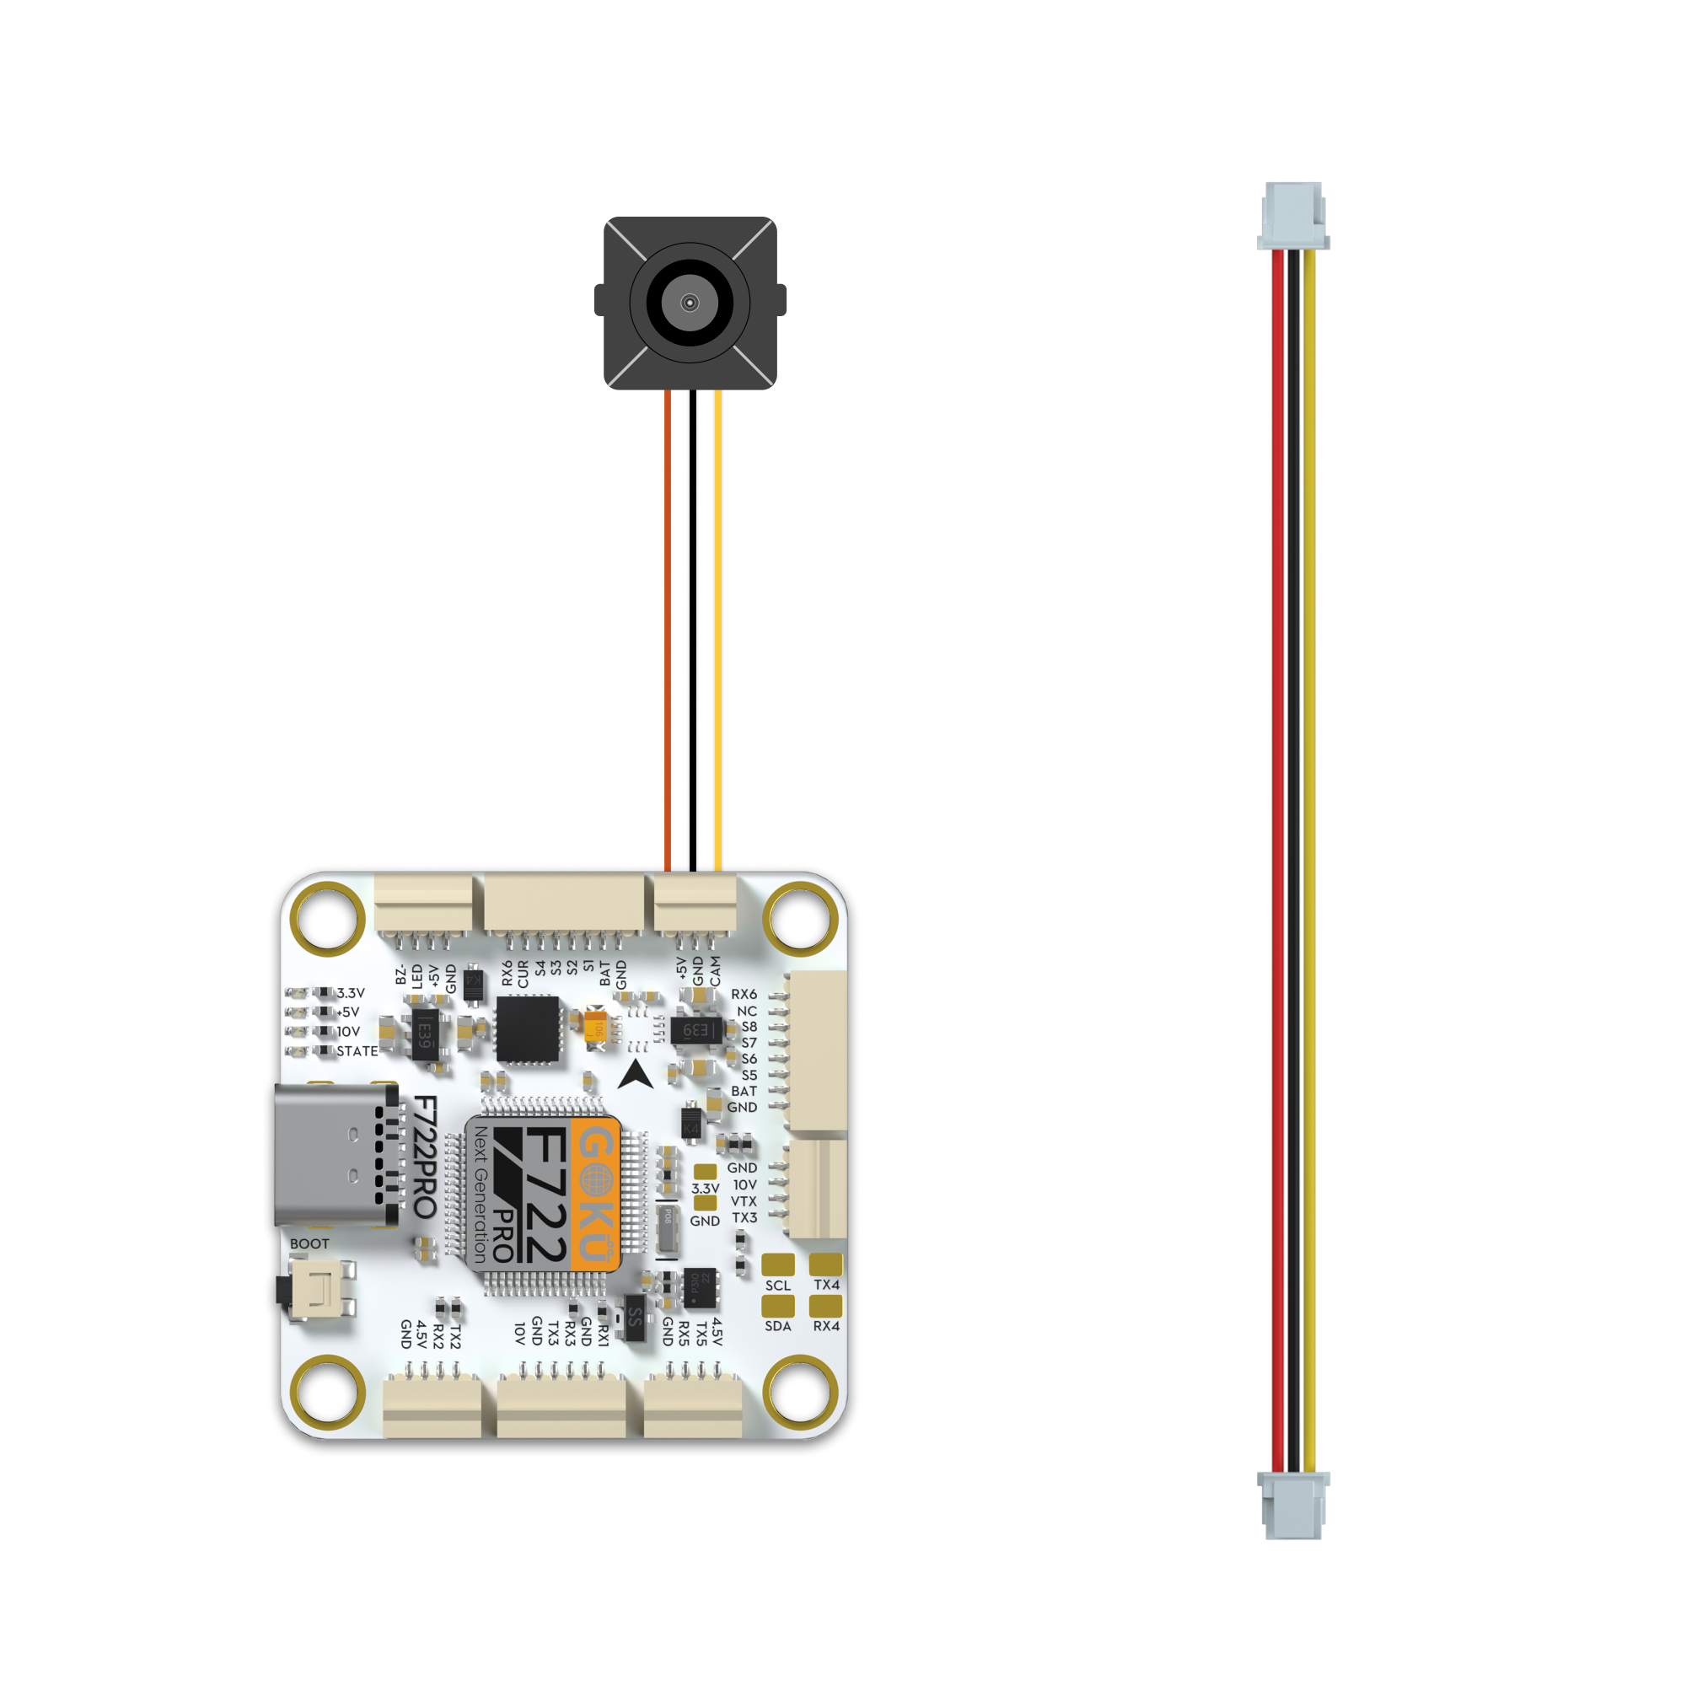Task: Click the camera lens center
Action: (x=690, y=303)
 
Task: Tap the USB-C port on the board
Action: (x=331, y=1155)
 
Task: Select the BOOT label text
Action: (x=309, y=1243)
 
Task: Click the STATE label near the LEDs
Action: (x=357, y=1051)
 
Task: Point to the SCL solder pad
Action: (x=777, y=1264)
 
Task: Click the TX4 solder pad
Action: (x=825, y=1264)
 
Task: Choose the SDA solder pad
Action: (x=777, y=1306)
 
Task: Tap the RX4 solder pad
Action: (x=825, y=1306)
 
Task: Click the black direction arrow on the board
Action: (x=636, y=1075)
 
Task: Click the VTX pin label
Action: (x=744, y=1201)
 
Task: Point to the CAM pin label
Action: (x=716, y=971)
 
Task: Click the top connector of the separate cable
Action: (x=1292, y=215)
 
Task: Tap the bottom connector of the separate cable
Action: (x=1292, y=1505)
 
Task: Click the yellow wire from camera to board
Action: (x=718, y=628)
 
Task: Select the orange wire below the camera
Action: (x=668, y=628)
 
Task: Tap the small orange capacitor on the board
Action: (x=596, y=1023)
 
